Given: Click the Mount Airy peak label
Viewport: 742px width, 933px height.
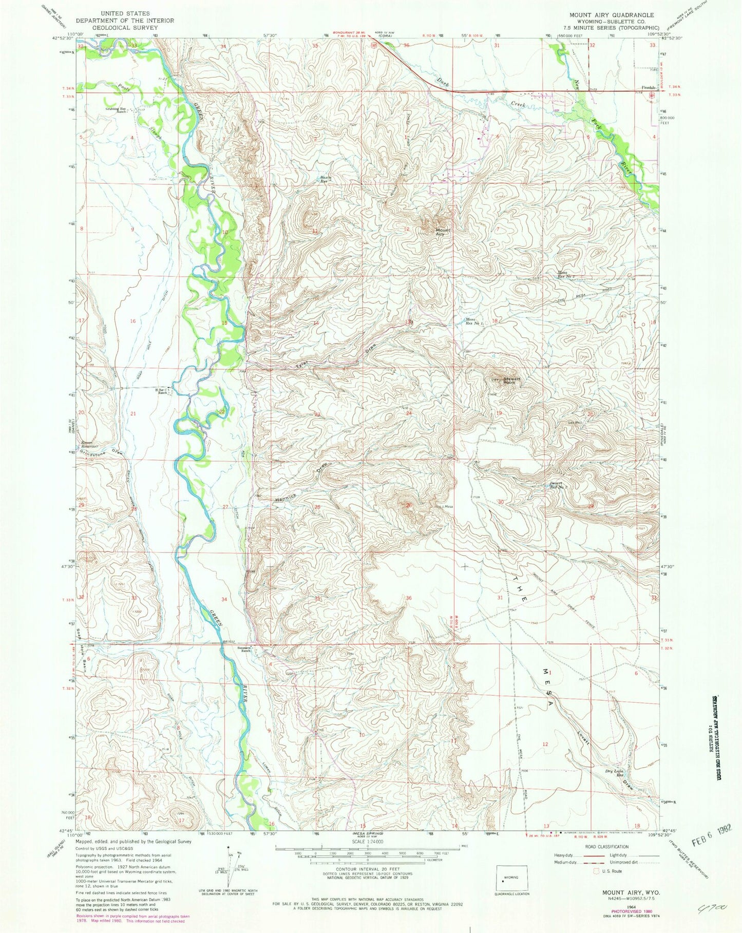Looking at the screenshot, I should (443, 232).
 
